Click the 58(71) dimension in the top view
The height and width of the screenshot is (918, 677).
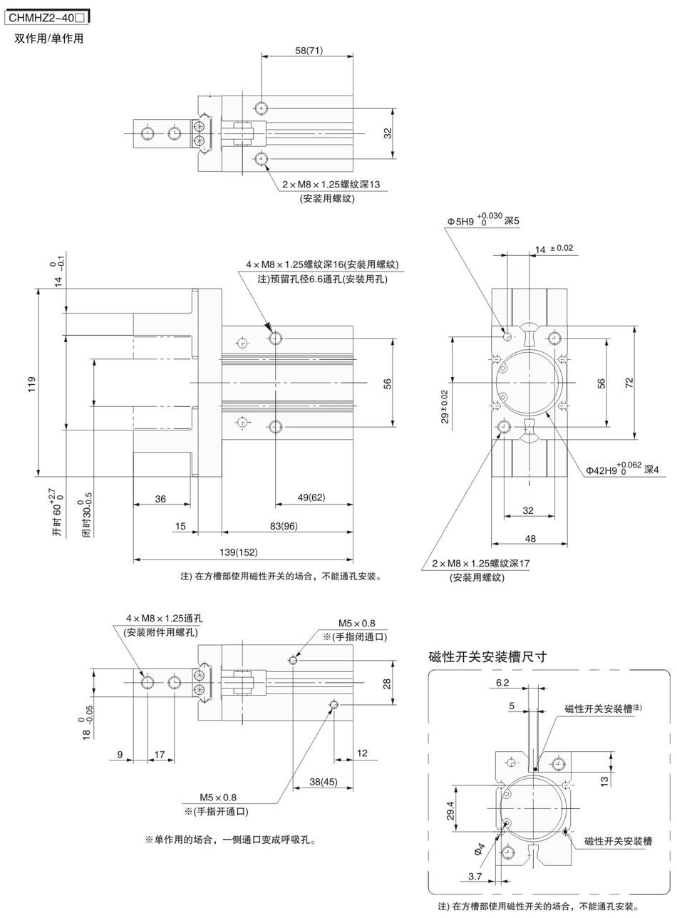(x=308, y=50)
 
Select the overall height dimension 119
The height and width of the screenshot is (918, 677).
(x=31, y=383)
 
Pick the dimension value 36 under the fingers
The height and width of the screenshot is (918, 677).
(x=160, y=499)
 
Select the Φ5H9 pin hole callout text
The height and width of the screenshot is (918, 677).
(x=483, y=221)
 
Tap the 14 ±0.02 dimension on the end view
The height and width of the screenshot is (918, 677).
(x=553, y=248)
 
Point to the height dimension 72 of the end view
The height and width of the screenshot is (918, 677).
(x=629, y=383)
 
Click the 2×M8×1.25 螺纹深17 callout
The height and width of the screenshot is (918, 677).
(x=481, y=564)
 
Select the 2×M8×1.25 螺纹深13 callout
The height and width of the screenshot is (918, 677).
(x=331, y=184)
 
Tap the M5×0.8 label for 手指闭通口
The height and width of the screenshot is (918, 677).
(x=357, y=623)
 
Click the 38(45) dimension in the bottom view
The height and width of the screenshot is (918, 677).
(x=324, y=782)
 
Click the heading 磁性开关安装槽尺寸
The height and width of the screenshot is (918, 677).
(x=488, y=656)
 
